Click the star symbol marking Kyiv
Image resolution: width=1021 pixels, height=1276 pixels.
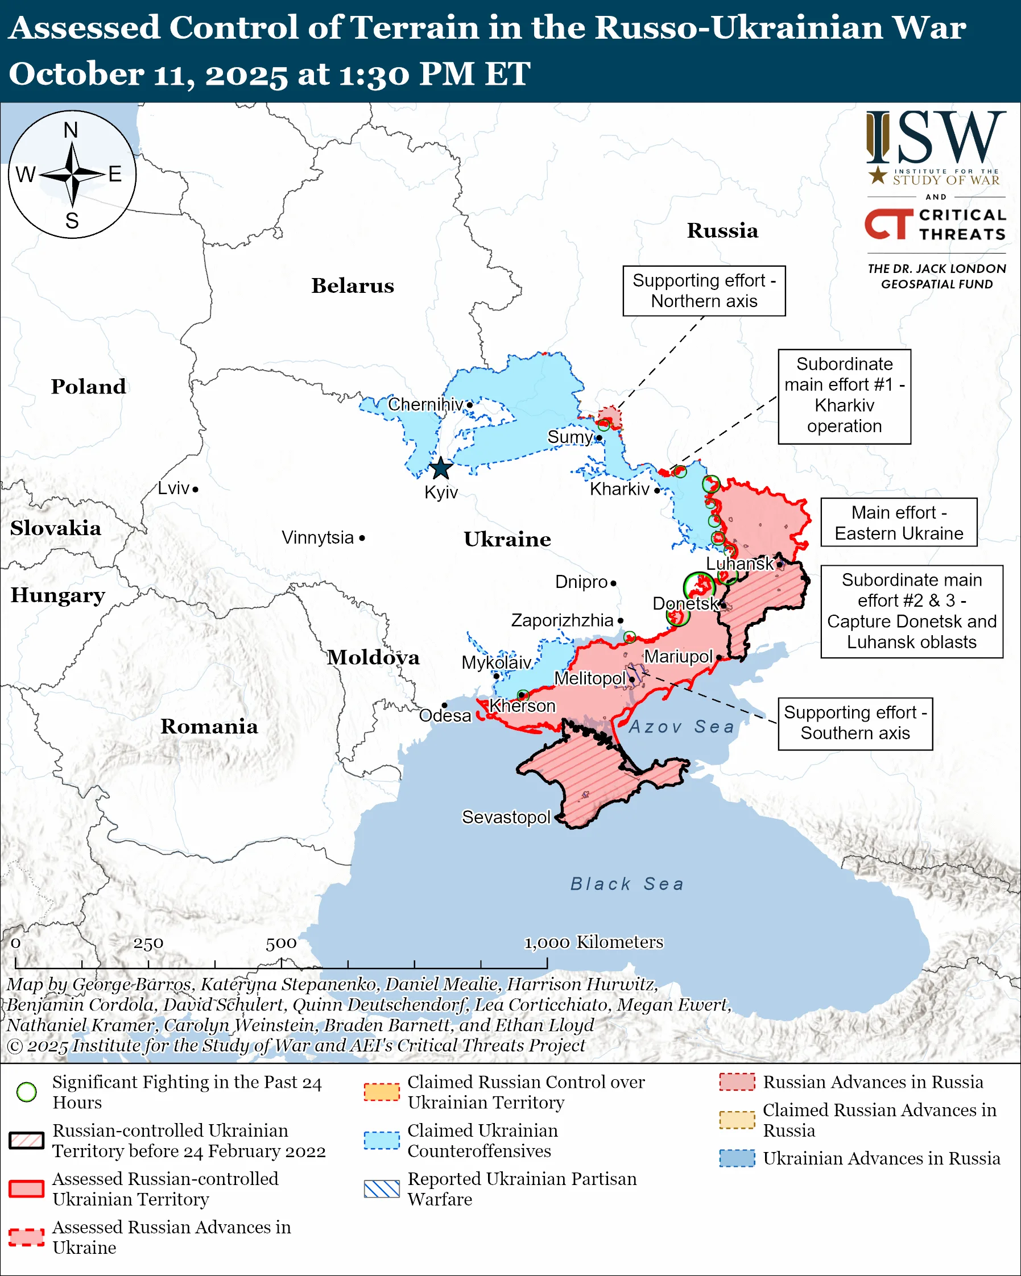441,468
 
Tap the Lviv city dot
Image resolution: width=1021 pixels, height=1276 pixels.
195,489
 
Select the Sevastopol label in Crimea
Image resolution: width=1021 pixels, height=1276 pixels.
506,817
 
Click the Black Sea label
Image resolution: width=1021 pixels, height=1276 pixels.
627,884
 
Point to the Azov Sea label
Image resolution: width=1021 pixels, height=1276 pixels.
681,726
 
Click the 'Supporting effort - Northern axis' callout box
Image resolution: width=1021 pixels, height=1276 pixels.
704,291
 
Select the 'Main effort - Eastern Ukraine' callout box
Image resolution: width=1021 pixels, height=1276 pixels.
899,523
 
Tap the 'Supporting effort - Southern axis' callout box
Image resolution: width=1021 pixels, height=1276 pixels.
855,723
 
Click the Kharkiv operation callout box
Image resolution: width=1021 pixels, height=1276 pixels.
844,396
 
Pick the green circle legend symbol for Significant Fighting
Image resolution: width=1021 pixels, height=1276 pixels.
27,1092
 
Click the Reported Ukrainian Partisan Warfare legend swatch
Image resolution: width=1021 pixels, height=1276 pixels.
382,1189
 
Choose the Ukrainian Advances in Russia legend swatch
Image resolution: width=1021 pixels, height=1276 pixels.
737,1158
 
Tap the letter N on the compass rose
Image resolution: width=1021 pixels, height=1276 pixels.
71,130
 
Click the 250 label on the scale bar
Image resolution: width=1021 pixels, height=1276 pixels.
148,943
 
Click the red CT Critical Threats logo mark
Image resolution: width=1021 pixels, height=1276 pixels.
888,223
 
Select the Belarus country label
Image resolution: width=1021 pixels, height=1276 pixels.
353,286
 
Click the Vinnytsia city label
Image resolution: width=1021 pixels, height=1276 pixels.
318,538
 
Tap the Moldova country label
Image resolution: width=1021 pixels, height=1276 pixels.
374,657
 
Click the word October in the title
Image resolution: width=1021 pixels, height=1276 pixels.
76,74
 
